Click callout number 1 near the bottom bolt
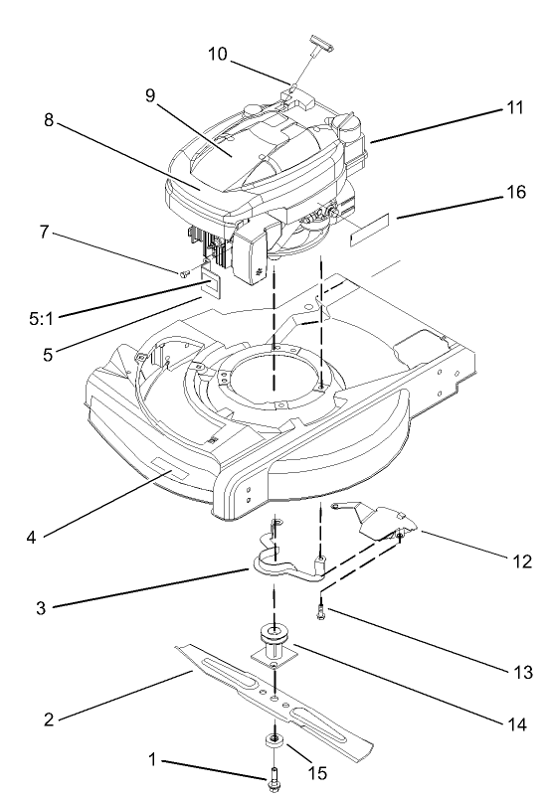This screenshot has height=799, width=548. coord(151,760)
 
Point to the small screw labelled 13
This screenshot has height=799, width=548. coord(323,615)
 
